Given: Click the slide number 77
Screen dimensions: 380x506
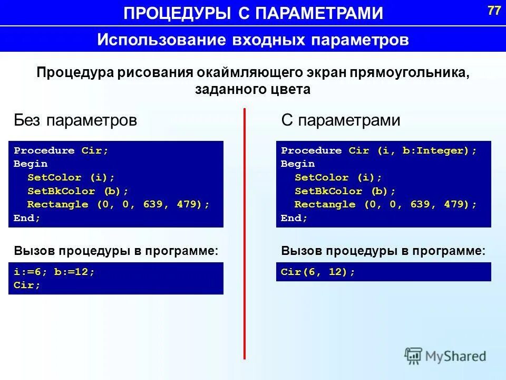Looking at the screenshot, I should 494,11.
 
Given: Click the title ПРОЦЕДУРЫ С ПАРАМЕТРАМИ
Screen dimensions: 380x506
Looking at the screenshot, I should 254,13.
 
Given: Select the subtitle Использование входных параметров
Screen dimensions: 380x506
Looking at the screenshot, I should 253,40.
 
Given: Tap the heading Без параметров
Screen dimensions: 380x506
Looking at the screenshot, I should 75,120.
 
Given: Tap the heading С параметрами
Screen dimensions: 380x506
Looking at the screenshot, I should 340,120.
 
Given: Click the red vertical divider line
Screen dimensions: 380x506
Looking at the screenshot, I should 245,232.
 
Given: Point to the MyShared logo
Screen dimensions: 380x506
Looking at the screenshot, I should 445,355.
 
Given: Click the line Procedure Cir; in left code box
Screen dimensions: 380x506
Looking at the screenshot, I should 61,150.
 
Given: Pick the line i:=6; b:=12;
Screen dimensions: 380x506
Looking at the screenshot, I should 54,272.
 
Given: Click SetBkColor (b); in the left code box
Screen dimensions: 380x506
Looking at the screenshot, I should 77,191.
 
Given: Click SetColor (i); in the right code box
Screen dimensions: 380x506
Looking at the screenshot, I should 338,177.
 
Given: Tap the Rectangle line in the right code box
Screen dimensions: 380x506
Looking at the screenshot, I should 385,204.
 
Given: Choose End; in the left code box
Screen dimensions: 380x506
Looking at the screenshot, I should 27,218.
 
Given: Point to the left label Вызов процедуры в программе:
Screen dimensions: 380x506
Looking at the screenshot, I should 116,251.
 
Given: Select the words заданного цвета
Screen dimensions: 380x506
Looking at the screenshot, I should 252,90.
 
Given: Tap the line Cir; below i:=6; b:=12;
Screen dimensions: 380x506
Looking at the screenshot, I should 27,285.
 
